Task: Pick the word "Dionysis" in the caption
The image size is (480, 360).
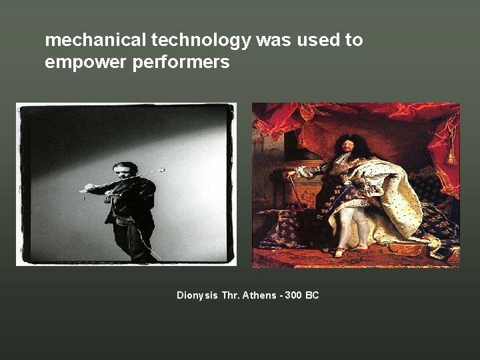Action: (x=197, y=295)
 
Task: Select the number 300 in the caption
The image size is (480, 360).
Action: (x=292, y=295)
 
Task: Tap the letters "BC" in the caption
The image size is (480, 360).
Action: (x=311, y=295)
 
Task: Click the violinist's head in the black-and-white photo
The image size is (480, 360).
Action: (x=124, y=171)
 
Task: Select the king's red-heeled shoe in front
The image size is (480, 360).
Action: (x=341, y=252)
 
